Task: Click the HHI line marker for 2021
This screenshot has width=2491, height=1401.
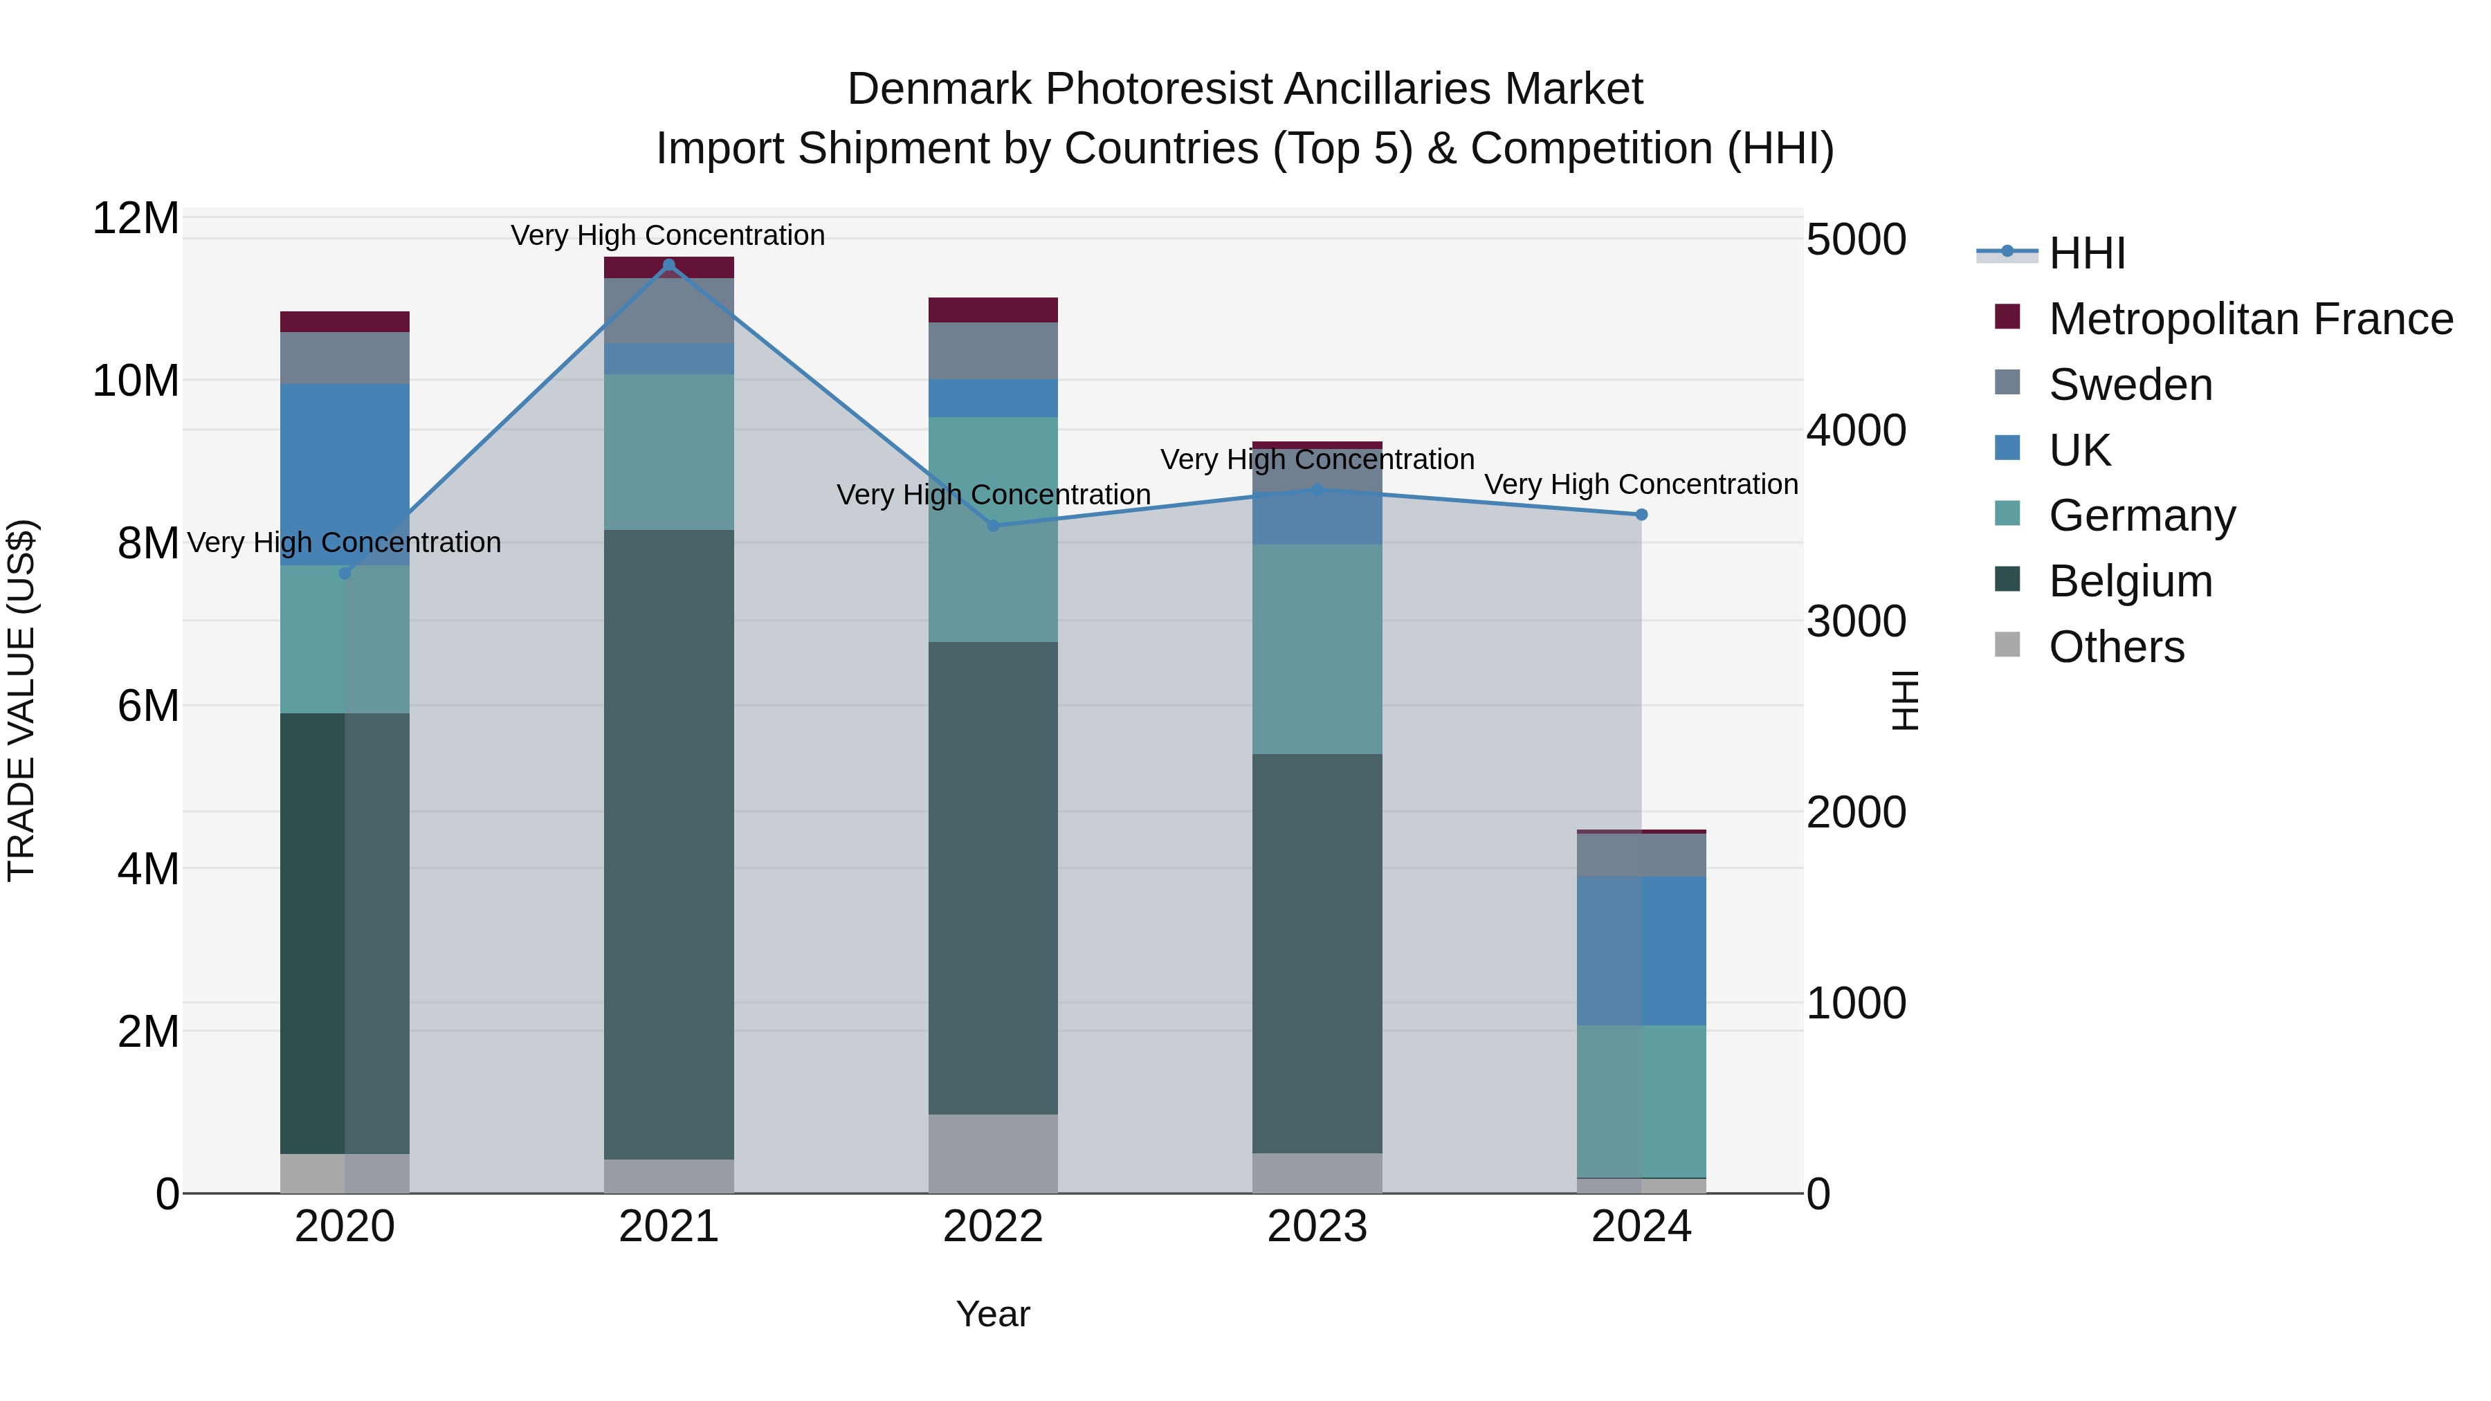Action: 668,265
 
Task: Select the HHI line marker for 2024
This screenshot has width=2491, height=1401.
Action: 1641,514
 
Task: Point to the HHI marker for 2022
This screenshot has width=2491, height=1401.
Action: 993,526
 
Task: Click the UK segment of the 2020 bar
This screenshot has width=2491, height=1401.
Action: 345,474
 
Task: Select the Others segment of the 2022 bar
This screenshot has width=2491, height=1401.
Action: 993,1153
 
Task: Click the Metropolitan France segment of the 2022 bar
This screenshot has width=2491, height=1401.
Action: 993,309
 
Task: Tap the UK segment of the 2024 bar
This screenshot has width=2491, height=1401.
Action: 1641,951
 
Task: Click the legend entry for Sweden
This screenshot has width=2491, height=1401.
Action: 2130,385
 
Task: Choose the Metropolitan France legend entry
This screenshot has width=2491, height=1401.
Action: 2250,319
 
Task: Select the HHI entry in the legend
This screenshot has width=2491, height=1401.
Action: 2087,253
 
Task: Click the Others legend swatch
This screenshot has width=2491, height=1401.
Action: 2007,645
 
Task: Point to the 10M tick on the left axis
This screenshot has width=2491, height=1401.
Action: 136,381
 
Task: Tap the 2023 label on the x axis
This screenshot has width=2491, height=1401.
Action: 1316,1227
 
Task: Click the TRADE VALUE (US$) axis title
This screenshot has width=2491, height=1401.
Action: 22,700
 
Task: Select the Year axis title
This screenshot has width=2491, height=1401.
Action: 993,1314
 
